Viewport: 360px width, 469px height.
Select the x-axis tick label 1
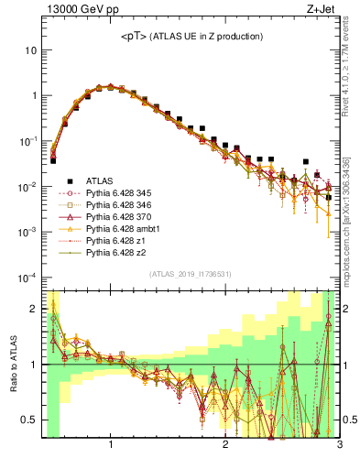click(111, 446)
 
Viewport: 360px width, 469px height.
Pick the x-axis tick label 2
click(225, 446)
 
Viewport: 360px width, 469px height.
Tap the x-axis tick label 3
click(339, 446)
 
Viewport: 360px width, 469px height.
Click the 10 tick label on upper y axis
click(29, 50)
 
